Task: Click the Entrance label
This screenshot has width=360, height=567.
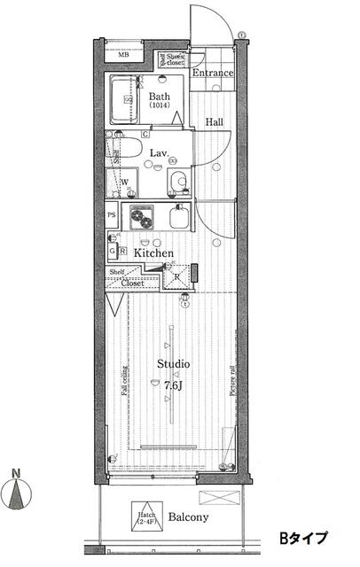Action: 213,74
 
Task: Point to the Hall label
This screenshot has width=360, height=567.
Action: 215,122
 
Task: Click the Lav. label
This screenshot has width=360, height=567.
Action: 160,153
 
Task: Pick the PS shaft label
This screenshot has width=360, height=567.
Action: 112,214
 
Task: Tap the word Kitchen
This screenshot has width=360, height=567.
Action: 153,252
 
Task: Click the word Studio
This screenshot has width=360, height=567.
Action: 173,364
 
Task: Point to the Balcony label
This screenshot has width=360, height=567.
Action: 188,517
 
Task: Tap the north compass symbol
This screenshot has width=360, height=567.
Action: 19,491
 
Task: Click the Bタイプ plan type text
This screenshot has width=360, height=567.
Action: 304,537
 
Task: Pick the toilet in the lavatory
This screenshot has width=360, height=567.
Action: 179,182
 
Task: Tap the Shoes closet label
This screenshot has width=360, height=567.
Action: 170,60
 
